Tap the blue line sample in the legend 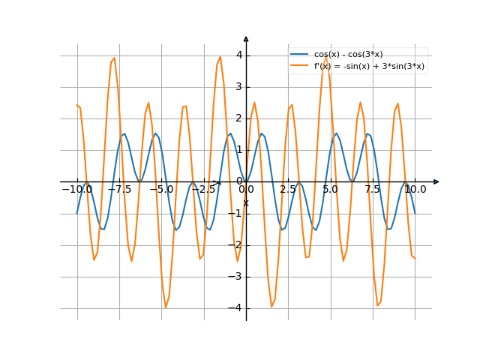click(x=300, y=54)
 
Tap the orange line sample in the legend click(x=300, y=66)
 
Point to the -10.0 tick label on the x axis click(x=76, y=190)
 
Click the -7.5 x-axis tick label click(x=119, y=190)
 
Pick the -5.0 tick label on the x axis click(x=161, y=190)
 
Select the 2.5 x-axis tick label click(x=288, y=190)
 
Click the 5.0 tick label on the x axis click(x=330, y=190)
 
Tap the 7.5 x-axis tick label click(x=373, y=190)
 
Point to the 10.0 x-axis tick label click(x=415, y=190)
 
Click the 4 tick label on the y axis click(x=238, y=55)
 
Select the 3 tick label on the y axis click(x=238, y=86)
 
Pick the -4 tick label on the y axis click(x=236, y=307)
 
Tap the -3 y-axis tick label click(x=236, y=276)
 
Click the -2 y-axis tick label click(x=236, y=244)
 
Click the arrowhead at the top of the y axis click(x=246, y=38)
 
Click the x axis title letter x click(x=246, y=202)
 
